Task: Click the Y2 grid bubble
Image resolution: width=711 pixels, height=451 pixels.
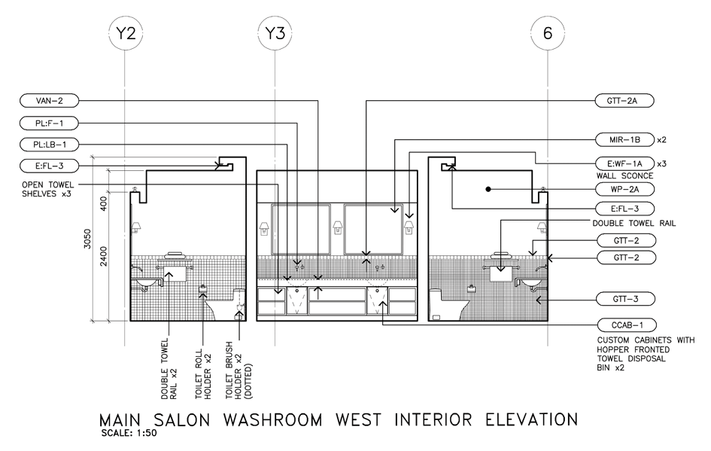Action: click(x=126, y=33)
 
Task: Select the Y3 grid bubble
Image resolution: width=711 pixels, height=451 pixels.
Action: click(x=275, y=33)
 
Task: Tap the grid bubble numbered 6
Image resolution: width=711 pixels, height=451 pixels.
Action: click(x=548, y=33)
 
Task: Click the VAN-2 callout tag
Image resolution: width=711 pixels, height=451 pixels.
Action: click(x=50, y=101)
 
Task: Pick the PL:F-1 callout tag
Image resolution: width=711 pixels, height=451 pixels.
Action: click(x=50, y=123)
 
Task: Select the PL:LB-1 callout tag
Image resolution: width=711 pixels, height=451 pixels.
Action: click(x=50, y=145)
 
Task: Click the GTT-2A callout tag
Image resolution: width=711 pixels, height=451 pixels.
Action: click(x=624, y=101)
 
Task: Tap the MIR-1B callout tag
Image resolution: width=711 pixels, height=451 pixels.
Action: click(x=624, y=140)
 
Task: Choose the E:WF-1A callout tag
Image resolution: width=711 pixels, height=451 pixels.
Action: click(x=624, y=163)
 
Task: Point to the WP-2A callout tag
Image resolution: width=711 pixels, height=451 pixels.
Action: click(x=625, y=189)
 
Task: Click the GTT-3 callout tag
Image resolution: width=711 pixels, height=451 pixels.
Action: click(x=625, y=300)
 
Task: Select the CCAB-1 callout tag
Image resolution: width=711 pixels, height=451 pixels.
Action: click(x=627, y=325)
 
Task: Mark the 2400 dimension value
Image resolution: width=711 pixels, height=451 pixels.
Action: click(x=103, y=256)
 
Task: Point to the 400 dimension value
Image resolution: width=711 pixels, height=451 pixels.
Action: click(x=103, y=203)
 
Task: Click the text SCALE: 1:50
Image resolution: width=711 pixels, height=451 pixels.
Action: click(x=129, y=433)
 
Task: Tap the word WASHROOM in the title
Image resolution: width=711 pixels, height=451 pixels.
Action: click(x=272, y=419)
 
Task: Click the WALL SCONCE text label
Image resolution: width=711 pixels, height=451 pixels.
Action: click(x=624, y=176)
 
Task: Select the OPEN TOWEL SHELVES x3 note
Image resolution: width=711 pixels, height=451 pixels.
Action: click(x=47, y=189)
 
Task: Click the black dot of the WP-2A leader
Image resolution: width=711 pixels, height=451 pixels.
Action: click(x=488, y=189)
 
